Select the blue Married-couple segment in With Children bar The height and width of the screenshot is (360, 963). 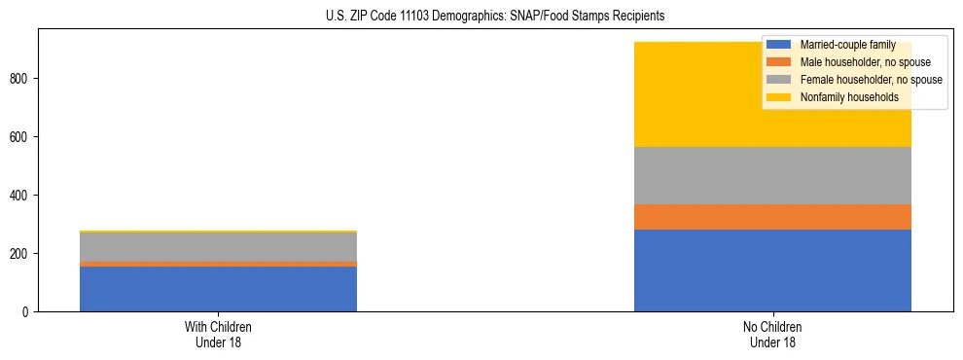pyautogui.click(x=218, y=289)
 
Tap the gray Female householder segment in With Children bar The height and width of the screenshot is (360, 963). pyautogui.click(x=218, y=247)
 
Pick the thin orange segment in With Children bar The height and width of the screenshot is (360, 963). pyautogui.click(x=218, y=264)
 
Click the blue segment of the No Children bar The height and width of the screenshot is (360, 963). pyautogui.click(x=772, y=270)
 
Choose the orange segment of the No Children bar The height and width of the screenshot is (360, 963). pyautogui.click(x=772, y=217)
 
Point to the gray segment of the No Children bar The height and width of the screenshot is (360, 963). pyautogui.click(x=772, y=176)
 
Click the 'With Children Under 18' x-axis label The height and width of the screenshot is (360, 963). pyautogui.click(x=218, y=334)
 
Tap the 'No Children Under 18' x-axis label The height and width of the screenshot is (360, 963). pyautogui.click(x=772, y=334)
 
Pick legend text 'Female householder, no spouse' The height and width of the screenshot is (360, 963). pyautogui.click(x=871, y=80)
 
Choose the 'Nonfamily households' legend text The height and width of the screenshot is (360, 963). pyautogui.click(x=848, y=97)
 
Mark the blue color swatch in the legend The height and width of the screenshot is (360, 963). pyautogui.click(x=779, y=45)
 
